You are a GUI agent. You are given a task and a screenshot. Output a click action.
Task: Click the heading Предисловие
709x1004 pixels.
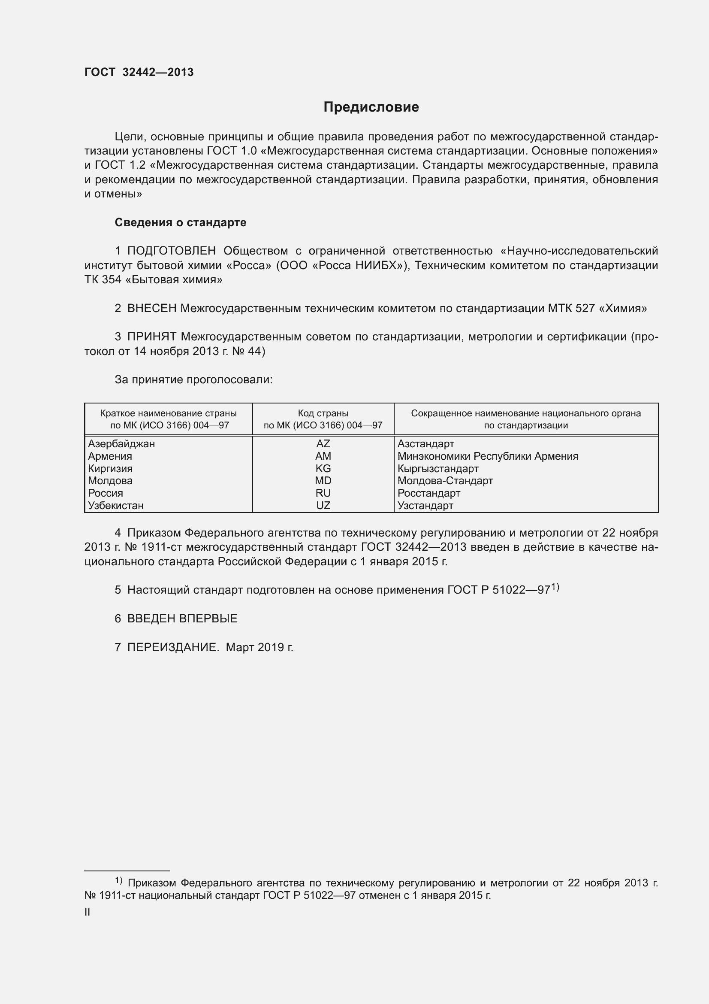click(x=371, y=107)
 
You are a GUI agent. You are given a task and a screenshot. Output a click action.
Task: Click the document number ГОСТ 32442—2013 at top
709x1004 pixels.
click(x=139, y=73)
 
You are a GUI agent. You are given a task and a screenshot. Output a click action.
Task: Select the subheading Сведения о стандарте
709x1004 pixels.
click(x=181, y=223)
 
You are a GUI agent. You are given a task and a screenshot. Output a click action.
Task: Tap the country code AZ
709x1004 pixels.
click(x=323, y=444)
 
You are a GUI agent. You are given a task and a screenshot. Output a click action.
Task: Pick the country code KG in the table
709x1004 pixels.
click(x=323, y=469)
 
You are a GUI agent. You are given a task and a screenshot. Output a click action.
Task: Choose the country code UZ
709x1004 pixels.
click(x=323, y=506)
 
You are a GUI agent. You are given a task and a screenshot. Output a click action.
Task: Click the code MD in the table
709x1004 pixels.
click(x=323, y=481)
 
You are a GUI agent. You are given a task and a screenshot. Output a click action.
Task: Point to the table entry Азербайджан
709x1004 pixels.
click(x=121, y=444)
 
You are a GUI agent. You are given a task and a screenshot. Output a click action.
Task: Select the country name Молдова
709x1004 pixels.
click(x=110, y=481)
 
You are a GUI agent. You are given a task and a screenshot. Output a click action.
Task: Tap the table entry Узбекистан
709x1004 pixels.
click(x=116, y=506)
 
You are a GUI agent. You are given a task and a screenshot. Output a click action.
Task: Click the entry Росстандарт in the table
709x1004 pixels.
click(x=428, y=493)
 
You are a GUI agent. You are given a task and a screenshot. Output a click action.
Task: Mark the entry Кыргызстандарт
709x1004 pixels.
click(x=438, y=469)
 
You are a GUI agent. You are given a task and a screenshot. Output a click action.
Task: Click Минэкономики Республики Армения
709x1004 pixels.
click(x=488, y=456)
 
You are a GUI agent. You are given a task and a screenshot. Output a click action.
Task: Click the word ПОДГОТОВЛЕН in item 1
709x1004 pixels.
click(x=171, y=251)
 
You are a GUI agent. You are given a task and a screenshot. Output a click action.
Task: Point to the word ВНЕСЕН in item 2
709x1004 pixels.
click(x=151, y=309)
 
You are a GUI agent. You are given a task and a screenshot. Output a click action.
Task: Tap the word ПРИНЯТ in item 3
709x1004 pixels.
click(x=151, y=337)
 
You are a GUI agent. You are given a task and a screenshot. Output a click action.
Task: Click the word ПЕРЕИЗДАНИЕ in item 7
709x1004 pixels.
click(x=172, y=647)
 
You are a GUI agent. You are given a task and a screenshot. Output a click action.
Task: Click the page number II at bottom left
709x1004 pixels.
click(x=87, y=912)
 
